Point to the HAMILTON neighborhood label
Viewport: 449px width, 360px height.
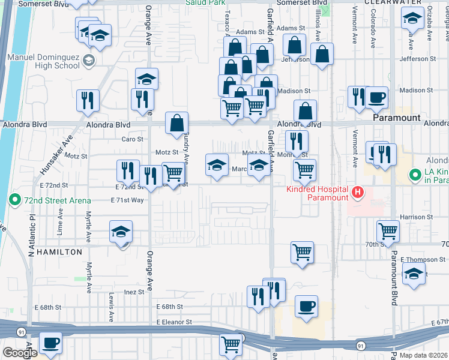[59, 252]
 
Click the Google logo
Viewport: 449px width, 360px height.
[19, 353]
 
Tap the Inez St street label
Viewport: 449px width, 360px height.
[134, 292]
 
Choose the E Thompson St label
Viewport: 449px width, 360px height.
[423, 260]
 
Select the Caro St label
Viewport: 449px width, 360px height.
[133, 139]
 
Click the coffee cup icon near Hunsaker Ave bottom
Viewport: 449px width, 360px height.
[50, 343]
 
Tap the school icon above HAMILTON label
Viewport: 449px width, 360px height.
[120, 232]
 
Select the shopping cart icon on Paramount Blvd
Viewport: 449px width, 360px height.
[388, 231]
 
